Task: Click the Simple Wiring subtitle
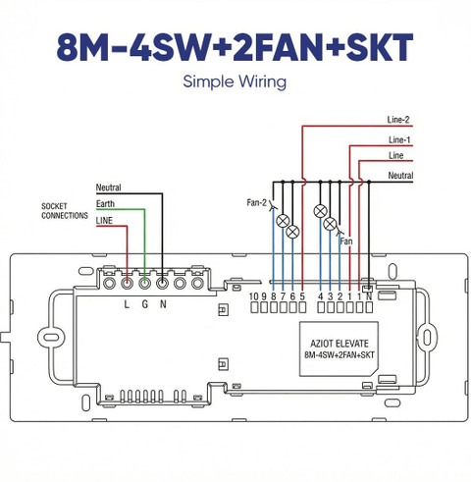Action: (235, 81)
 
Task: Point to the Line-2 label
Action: (398, 120)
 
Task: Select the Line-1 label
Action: (399, 140)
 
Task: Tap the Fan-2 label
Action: (256, 202)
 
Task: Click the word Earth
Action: (105, 204)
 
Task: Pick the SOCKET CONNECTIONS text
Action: (65, 211)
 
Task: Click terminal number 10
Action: (254, 296)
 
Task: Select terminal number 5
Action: (302, 296)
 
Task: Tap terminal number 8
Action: (274, 296)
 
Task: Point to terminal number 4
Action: (321, 296)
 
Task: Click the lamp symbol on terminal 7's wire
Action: (283, 221)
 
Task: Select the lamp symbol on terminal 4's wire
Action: (320, 211)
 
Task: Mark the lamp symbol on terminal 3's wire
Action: (330, 224)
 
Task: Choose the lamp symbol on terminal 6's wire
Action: (292, 232)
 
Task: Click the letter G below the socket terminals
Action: (145, 304)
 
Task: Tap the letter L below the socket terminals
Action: (127, 304)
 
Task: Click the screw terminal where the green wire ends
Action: (144, 284)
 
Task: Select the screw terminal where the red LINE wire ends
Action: (127, 284)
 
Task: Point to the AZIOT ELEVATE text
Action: (340, 344)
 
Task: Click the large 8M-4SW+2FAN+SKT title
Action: (235, 47)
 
